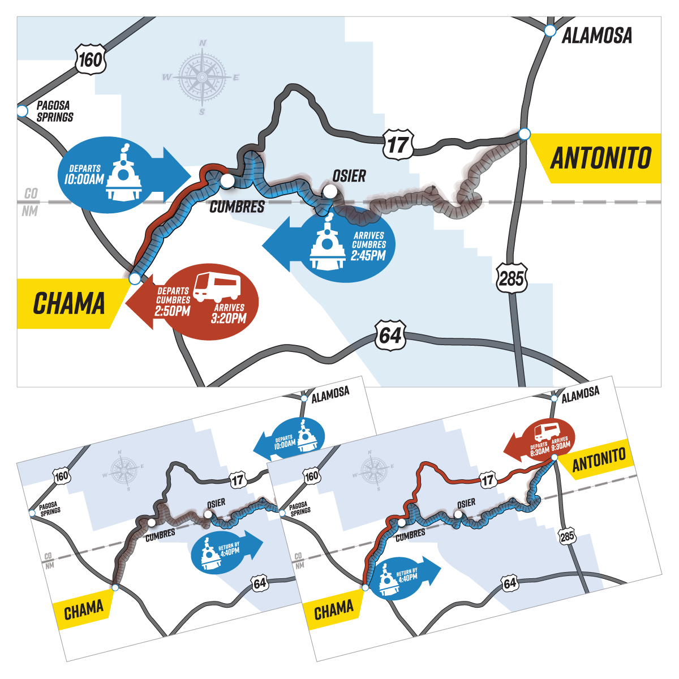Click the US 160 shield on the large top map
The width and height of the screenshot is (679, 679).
point(90,59)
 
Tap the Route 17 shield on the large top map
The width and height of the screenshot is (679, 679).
point(397,145)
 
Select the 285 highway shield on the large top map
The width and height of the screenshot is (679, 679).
point(512,278)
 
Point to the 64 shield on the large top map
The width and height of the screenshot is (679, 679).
point(390,336)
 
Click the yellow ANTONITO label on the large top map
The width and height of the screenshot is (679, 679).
point(601,158)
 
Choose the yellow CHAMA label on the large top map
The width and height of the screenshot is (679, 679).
point(69,304)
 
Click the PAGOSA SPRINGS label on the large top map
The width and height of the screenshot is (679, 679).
point(54,111)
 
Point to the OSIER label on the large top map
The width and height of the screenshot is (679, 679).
point(349,176)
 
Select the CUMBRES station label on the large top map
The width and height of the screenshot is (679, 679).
point(237,207)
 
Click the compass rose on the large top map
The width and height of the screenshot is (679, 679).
point(202,77)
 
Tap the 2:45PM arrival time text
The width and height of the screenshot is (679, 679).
point(368,256)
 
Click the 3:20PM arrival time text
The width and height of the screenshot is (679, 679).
point(229,318)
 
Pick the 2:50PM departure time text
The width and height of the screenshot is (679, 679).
point(173,311)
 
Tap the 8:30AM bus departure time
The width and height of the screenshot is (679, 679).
point(540,451)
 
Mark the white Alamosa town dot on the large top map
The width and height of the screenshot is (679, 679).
point(549,31)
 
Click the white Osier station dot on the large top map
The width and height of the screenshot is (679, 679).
point(330,192)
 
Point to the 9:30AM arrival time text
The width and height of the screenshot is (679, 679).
point(560,446)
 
